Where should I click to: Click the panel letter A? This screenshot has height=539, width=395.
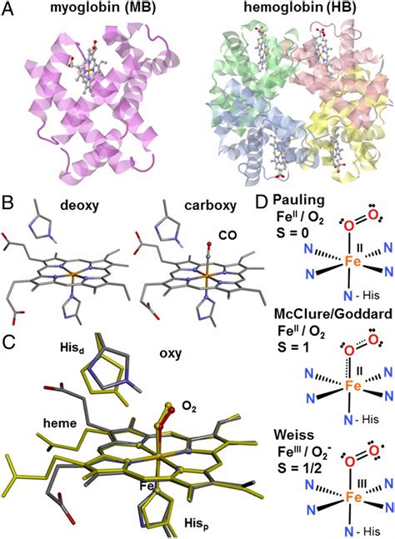(x=8, y=8)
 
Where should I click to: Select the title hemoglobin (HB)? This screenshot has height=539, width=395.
(x=301, y=8)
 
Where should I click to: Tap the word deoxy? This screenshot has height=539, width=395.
(x=80, y=205)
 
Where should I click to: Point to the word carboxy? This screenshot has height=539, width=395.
(x=210, y=206)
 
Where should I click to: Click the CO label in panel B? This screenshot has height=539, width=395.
(x=228, y=235)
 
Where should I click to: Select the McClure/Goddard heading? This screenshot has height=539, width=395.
(x=333, y=314)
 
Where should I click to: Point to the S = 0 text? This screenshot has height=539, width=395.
(x=292, y=233)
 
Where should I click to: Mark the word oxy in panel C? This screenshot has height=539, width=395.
(x=171, y=353)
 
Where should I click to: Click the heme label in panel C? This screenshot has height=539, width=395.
(x=60, y=423)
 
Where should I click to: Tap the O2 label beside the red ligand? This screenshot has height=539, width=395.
(x=189, y=407)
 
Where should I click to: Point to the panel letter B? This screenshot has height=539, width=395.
(x=7, y=203)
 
